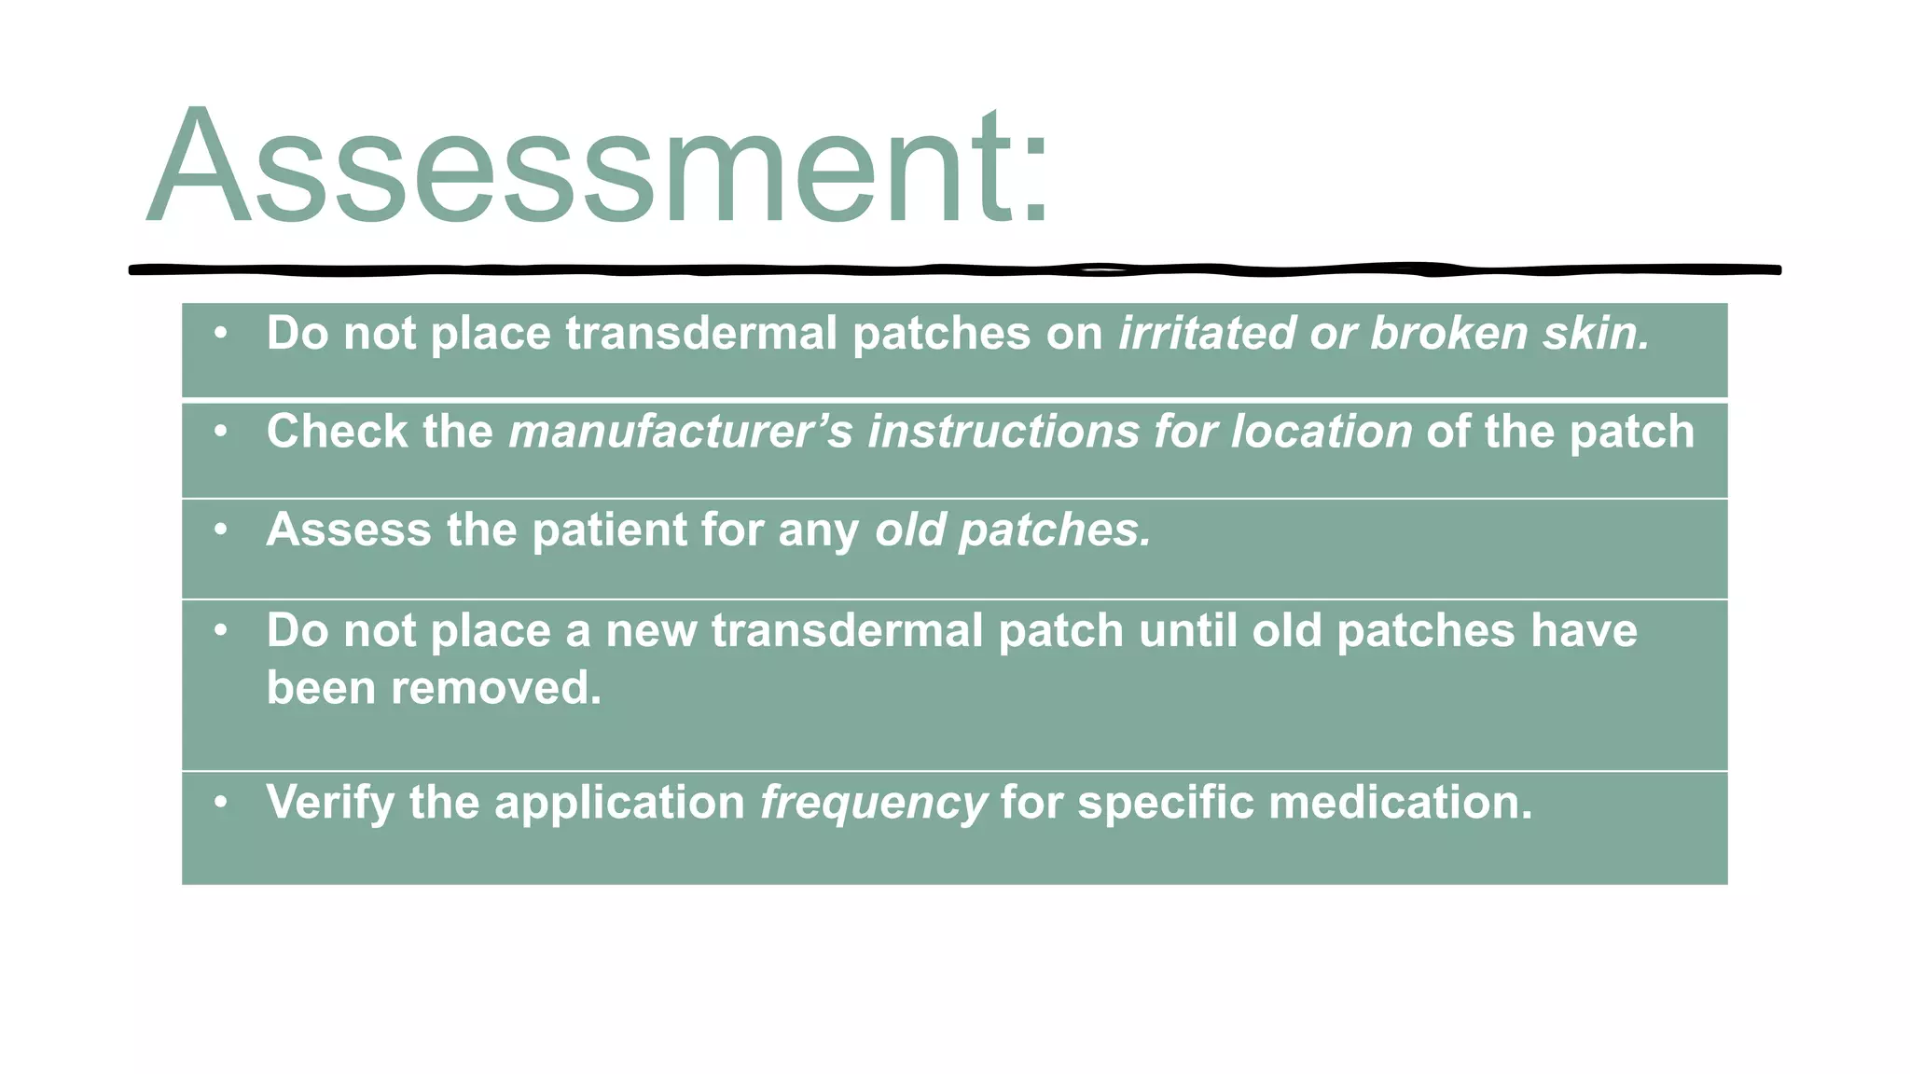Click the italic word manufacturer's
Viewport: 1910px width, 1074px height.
point(680,432)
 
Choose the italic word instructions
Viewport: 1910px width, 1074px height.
point(1003,432)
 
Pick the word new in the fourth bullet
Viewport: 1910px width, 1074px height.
point(651,631)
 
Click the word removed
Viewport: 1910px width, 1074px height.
point(495,688)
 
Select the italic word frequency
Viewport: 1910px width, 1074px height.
point(873,803)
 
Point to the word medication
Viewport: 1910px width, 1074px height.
point(1399,803)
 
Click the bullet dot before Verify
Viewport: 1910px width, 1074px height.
point(220,802)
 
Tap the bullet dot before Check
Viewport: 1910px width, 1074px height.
point(220,431)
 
